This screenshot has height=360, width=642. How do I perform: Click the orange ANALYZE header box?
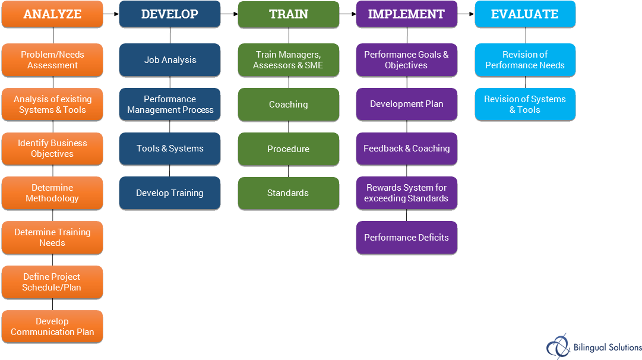52,15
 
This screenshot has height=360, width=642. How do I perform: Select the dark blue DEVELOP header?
170,15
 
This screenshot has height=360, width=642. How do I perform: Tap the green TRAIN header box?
289,15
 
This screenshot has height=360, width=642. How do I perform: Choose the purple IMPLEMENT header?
406,15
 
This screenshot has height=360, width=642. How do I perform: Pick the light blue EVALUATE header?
525,15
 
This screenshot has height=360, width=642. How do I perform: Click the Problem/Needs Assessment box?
52,60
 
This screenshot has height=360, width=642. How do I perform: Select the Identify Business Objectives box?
52,149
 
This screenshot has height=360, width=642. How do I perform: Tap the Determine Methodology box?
52,193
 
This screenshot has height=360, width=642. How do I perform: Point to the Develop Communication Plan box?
52,327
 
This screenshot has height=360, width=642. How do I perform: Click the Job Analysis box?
170,60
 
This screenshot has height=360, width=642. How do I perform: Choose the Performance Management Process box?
170,105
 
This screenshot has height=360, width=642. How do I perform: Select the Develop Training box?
170,193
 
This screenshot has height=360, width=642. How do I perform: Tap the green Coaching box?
289,105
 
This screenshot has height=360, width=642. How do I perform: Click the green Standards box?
289,193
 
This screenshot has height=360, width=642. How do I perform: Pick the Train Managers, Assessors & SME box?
289,60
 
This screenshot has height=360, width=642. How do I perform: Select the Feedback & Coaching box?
406,149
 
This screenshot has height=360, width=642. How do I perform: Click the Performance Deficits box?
406,238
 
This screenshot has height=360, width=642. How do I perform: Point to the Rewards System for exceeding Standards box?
406,193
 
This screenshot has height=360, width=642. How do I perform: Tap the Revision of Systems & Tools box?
525,105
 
